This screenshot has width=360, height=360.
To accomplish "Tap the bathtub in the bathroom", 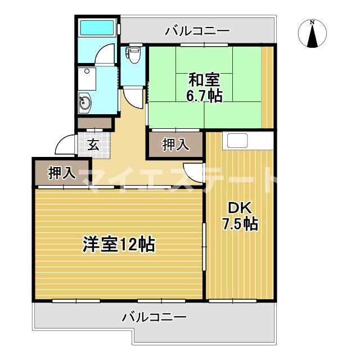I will [96, 28].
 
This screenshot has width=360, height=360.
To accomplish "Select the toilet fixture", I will [133, 54].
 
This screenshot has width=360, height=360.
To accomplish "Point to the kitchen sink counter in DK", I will [237, 141].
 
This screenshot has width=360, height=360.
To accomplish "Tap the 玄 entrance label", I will [93, 145].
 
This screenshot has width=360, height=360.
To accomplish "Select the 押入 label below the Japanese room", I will [175, 145].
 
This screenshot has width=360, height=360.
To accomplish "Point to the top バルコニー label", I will [197, 31].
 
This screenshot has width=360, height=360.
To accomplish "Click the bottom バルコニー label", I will [154, 317].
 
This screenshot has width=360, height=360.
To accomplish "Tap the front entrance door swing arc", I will [65, 147].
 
